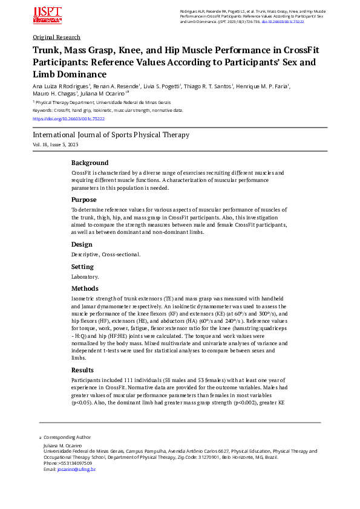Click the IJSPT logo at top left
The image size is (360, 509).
click(x=47, y=16)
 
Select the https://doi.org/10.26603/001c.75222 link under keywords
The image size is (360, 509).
click(x=68, y=119)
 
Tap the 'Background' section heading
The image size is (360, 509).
click(x=90, y=163)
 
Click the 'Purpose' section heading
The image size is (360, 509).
click(x=83, y=199)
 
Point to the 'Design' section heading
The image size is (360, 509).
click(x=82, y=244)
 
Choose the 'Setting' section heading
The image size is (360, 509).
click(x=82, y=267)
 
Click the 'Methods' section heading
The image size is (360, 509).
click(x=84, y=288)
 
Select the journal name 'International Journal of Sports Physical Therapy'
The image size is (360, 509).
click(x=111, y=135)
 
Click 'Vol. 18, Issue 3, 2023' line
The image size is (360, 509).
click(x=55, y=145)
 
